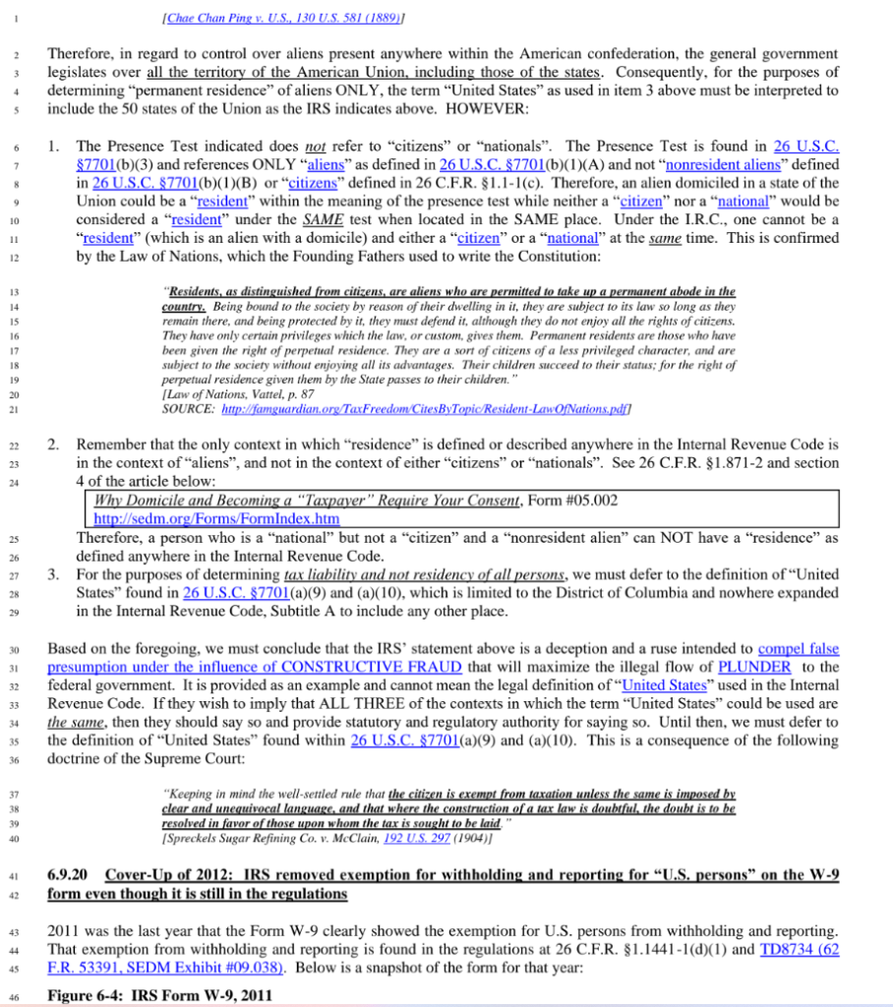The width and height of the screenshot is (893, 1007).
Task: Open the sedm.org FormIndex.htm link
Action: (x=215, y=518)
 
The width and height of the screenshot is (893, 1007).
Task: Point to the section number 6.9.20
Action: (x=70, y=875)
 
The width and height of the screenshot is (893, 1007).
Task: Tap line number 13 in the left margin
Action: (x=13, y=293)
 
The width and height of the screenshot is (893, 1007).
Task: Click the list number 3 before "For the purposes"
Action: (x=54, y=573)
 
